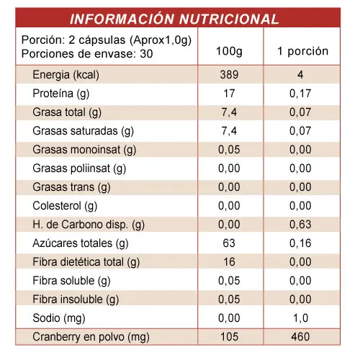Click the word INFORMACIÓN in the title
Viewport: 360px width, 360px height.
[x=122, y=19]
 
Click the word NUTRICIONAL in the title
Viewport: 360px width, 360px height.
[x=229, y=19]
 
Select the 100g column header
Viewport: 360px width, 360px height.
[x=229, y=51]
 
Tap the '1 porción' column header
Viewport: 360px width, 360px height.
[x=302, y=51]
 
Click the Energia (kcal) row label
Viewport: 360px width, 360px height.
[x=66, y=75]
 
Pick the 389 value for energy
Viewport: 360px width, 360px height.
[x=229, y=75]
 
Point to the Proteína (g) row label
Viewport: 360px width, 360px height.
[x=61, y=94]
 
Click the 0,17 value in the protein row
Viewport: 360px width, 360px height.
[x=300, y=94]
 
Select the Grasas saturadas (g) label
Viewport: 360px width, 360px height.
[x=83, y=131]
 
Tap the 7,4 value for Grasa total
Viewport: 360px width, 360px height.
[x=229, y=112]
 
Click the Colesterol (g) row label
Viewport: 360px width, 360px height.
[x=65, y=206]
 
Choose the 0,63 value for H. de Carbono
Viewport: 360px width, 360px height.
[x=300, y=225]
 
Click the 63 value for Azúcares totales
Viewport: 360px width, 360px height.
[x=229, y=243]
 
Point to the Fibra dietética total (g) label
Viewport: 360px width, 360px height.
[x=86, y=262]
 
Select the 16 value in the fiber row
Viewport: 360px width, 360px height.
[x=229, y=262]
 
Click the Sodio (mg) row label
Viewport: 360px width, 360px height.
[x=59, y=318]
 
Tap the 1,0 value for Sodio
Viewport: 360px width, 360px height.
[x=301, y=318]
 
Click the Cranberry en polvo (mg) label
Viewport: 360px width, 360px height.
[x=91, y=337]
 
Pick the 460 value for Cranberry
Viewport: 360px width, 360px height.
[x=300, y=337]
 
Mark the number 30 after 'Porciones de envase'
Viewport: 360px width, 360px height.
[x=146, y=54]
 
